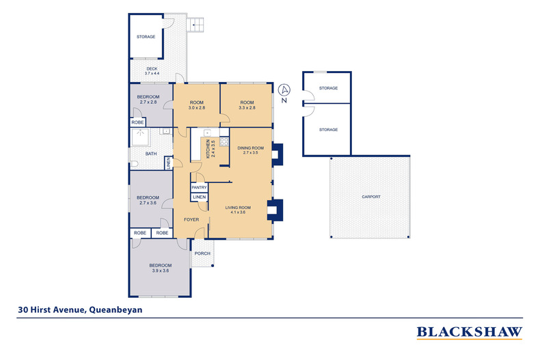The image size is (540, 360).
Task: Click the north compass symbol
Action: coord(284,93)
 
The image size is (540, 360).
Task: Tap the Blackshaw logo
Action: coord(470,333)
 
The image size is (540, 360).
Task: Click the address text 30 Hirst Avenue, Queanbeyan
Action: coord(80,309)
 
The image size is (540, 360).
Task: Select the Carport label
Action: coord(371,197)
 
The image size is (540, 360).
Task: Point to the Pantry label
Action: coord(199,188)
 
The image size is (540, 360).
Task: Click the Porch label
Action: coord(202,253)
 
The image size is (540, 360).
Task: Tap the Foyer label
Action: coord(191,219)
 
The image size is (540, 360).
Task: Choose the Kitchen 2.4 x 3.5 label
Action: coord(211,149)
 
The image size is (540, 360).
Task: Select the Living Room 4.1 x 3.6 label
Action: coord(238,210)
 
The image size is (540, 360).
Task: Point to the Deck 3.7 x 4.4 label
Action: coord(152,71)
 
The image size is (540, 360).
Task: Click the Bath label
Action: coord(151,154)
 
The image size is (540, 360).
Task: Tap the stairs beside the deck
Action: coord(195,25)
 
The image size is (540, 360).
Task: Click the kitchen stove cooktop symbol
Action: coord(224,142)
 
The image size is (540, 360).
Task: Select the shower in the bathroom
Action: coord(141,137)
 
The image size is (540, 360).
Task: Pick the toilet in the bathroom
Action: coord(133,163)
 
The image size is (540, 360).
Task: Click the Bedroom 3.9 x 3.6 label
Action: coord(161,268)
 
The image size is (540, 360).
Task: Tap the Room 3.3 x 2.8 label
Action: coord(247,105)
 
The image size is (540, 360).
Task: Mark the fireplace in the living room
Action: coord(275,210)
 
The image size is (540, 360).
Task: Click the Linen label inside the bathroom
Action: coord(169,163)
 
